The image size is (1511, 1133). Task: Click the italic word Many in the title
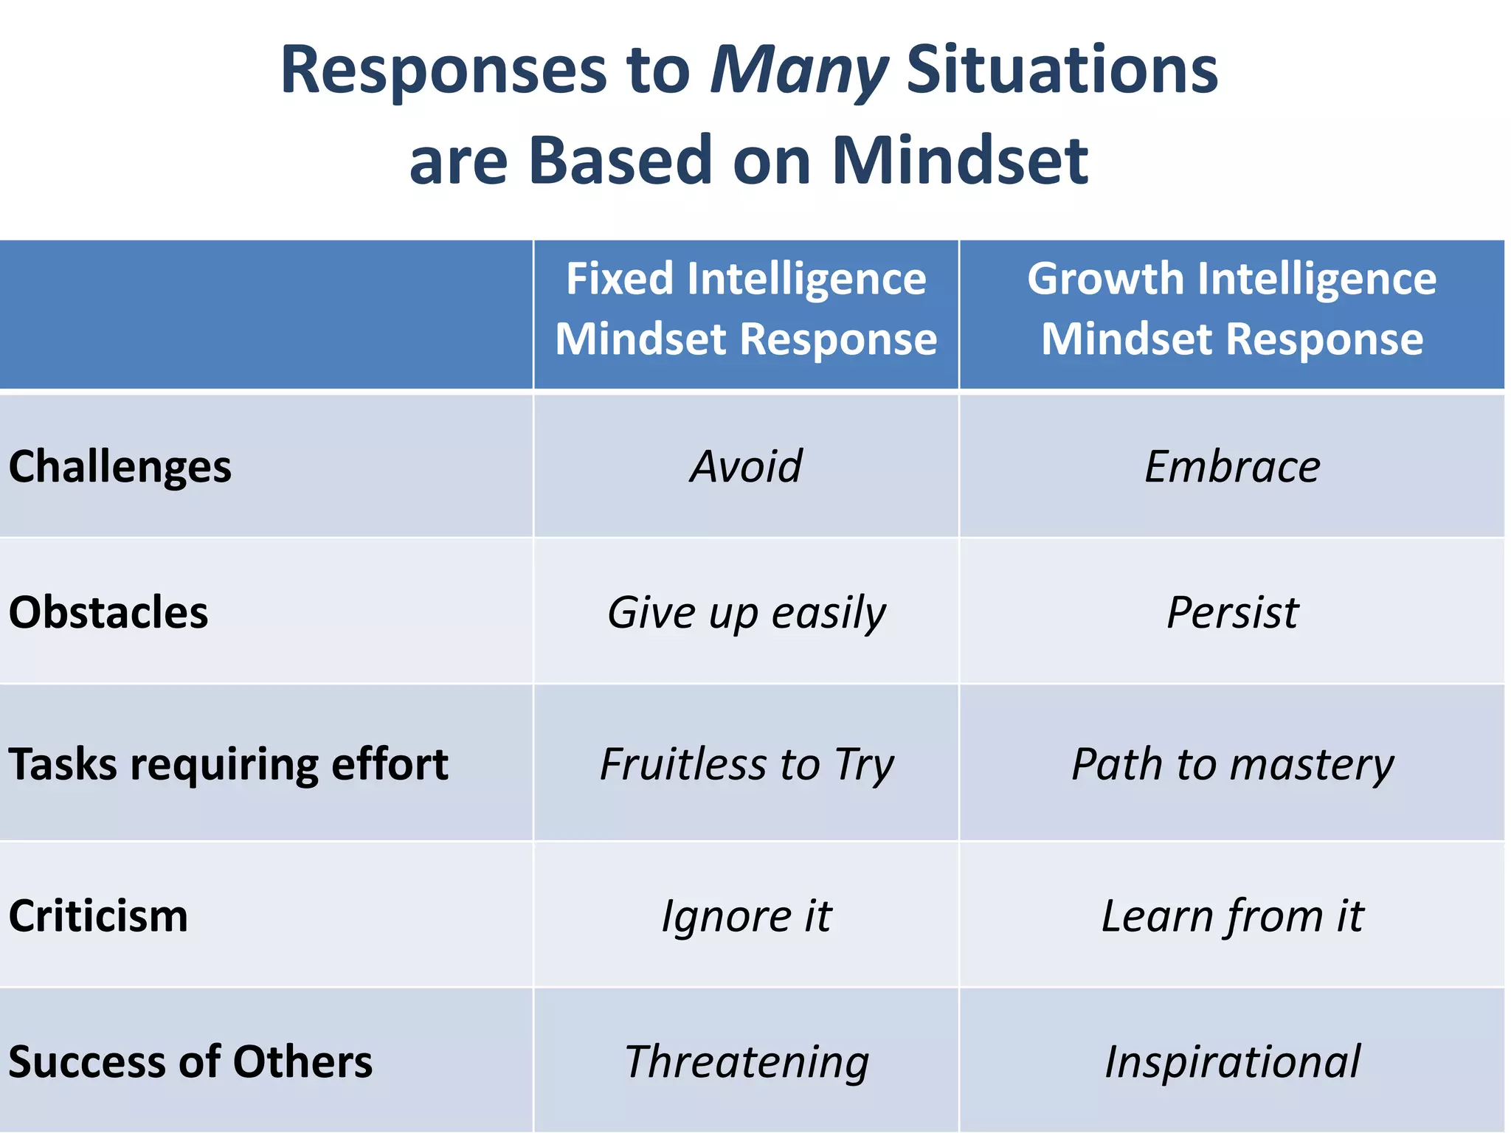point(798,72)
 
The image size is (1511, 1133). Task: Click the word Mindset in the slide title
point(959,161)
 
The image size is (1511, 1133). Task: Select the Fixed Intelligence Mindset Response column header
point(746,309)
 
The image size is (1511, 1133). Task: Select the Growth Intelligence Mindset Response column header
point(1231,309)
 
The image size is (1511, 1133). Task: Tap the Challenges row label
point(120,467)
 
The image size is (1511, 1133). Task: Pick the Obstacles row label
point(108,612)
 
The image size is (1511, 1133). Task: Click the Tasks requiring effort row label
point(228,764)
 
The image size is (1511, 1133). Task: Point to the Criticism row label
point(98,916)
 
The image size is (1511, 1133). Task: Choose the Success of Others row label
point(190,1062)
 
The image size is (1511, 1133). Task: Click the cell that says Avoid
point(746,467)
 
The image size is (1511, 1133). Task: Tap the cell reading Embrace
point(1231,467)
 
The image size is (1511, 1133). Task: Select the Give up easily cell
point(746,612)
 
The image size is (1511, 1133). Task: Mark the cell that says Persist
point(1231,612)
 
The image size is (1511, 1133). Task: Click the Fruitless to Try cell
point(746,764)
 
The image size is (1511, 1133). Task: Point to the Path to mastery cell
point(1231,764)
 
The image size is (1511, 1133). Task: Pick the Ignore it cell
point(746,916)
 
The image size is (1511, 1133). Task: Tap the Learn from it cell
point(1231,916)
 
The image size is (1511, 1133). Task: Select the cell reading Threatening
point(746,1062)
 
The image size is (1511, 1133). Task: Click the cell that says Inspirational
point(1231,1062)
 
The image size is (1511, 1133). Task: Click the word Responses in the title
point(443,72)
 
